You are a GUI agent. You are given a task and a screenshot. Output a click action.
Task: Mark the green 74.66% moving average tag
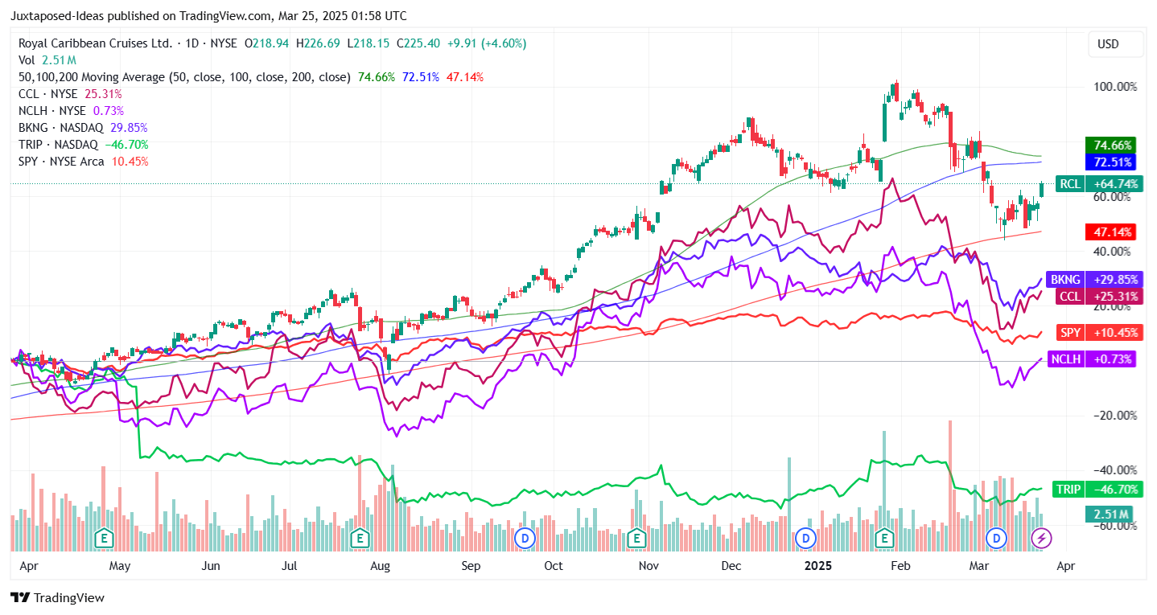pyautogui.click(x=1110, y=146)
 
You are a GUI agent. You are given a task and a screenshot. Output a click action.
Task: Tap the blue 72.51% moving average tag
pyautogui.click(x=1110, y=162)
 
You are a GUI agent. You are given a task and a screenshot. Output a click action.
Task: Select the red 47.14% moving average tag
pyautogui.click(x=1110, y=232)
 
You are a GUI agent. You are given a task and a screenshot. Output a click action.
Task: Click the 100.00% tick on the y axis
pyautogui.click(x=1114, y=87)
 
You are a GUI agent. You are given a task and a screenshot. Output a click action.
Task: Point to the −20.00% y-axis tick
pyautogui.click(x=1114, y=415)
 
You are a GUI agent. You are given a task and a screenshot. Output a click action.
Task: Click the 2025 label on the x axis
pyautogui.click(x=819, y=566)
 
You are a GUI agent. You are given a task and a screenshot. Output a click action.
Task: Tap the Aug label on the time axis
pyautogui.click(x=380, y=566)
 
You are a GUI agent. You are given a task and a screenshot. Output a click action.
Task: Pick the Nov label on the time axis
pyautogui.click(x=648, y=566)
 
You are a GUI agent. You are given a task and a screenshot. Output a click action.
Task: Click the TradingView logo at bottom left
pyautogui.click(x=57, y=598)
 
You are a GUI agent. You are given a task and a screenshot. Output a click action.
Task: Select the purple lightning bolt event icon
pyautogui.click(x=1041, y=537)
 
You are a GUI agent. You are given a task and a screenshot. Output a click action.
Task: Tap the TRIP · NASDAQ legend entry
pyautogui.click(x=58, y=145)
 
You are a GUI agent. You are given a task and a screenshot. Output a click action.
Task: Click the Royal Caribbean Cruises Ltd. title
pyautogui.click(x=94, y=43)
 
